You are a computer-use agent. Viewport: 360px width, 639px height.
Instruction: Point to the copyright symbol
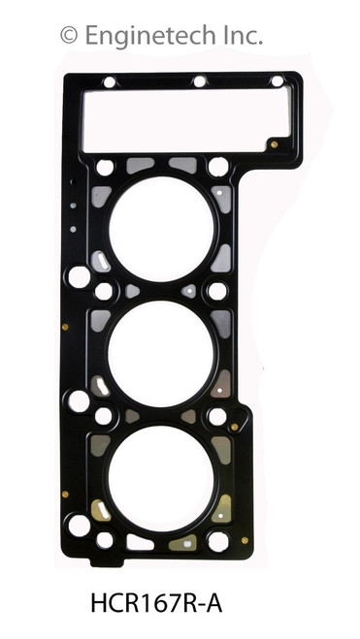[x=69, y=36]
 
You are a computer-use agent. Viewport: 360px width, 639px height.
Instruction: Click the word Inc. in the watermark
[x=240, y=36]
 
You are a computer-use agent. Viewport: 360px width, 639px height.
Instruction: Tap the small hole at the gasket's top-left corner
[x=109, y=82]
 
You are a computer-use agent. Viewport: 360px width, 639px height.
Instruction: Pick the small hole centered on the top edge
[x=199, y=81]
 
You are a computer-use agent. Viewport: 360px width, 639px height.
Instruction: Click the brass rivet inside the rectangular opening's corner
[x=275, y=144]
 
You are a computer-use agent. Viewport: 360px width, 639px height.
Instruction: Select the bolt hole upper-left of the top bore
[x=105, y=167]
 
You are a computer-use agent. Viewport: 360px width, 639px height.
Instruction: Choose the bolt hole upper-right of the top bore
[x=217, y=167]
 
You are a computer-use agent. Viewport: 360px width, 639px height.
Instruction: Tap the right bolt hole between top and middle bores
[x=217, y=291]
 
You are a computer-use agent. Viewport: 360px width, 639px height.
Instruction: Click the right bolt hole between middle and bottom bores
[x=217, y=416]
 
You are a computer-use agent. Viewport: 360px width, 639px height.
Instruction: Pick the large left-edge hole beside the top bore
[x=80, y=277]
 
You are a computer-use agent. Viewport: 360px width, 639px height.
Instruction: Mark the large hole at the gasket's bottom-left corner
[x=79, y=526]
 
